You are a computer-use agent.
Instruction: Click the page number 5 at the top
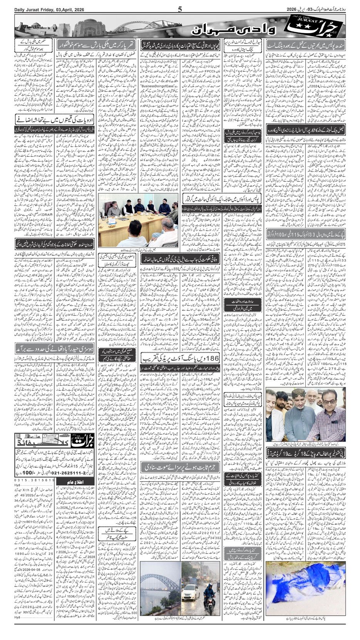coord(180,10)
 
